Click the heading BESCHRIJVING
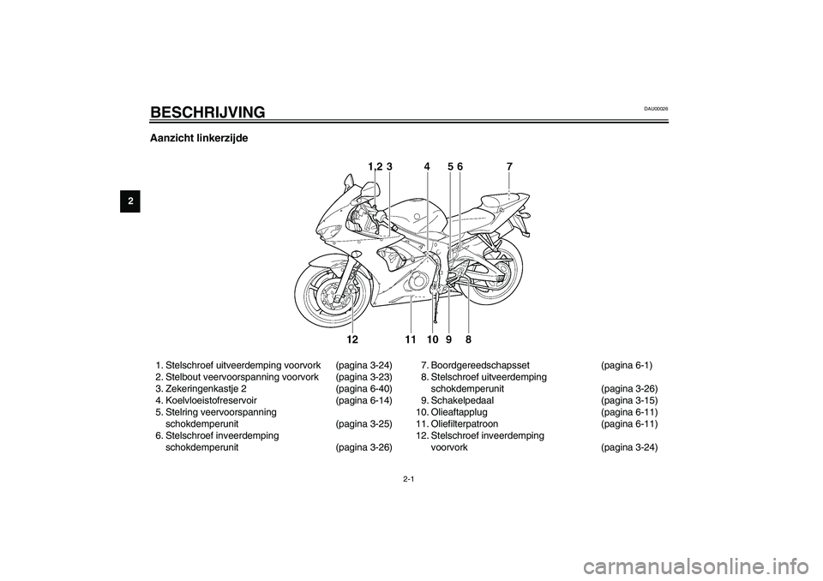tap(207, 112)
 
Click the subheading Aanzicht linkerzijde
tap(199, 139)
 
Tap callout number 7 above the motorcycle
tap(509, 166)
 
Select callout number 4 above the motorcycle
tap(427, 166)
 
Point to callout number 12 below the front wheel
tap(352, 339)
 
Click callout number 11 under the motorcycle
tap(411, 339)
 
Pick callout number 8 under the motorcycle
tap(468, 339)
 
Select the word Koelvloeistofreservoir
tap(211, 400)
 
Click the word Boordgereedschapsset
tap(480, 365)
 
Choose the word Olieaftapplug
tap(459, 412)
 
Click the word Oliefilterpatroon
tap(465, 423)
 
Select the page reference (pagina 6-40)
tap(363, 389)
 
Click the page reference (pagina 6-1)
tap(627, 365)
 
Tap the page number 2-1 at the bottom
tap(410, 479)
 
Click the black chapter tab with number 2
tap(130, 202)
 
